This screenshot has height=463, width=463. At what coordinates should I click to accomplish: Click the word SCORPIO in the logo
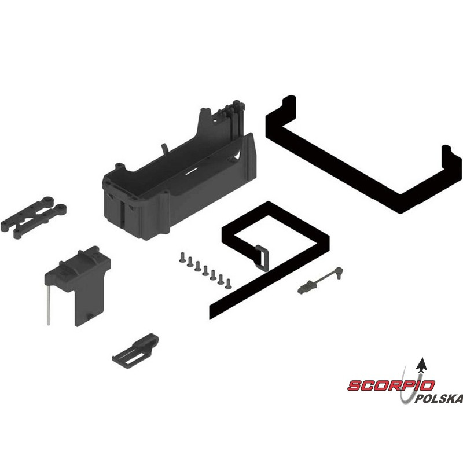[x=391, y=385]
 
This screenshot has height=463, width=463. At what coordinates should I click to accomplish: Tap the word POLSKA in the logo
[x=438, y=399]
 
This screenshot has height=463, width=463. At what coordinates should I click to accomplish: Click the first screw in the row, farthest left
[x=182, y=257]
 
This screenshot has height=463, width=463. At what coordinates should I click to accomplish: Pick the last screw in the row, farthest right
[x=228, y=284]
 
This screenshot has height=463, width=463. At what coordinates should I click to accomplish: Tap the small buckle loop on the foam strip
[x=262, y=258]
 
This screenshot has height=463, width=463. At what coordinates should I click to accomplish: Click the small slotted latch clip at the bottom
[x=135, y=351]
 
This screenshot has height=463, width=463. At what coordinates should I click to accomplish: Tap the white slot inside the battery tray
[x=191, y=172]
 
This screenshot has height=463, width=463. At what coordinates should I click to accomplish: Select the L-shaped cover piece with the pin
[x=78, y=285]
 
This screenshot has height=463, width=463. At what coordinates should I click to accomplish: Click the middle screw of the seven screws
[x=205, y=270]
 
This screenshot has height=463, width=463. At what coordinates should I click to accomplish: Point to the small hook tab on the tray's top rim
[x=164, y=149]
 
